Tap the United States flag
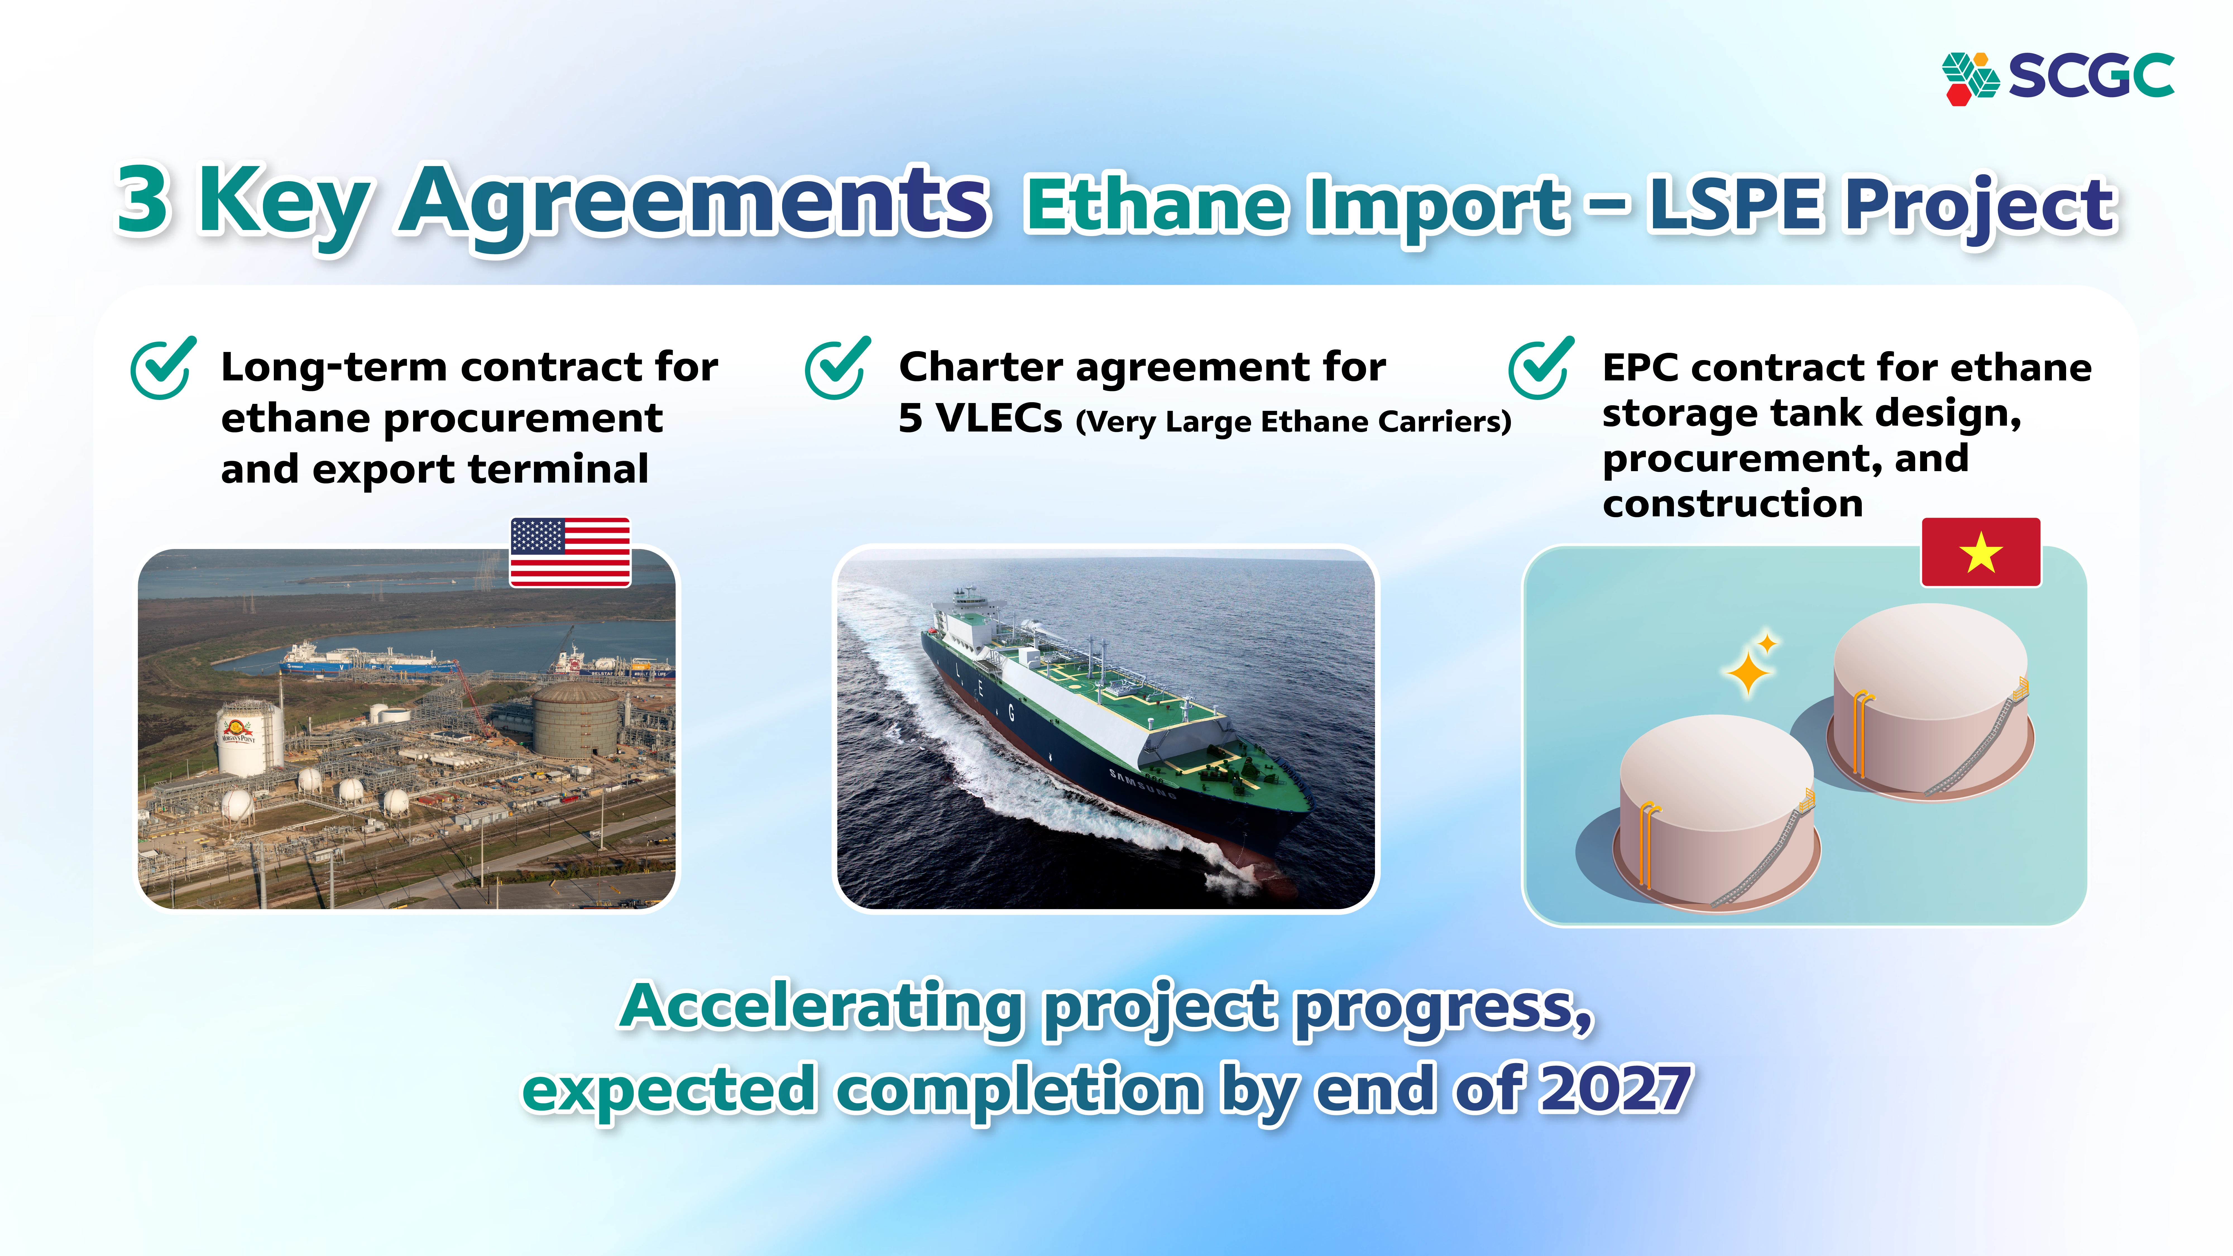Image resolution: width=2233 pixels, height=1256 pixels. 569,552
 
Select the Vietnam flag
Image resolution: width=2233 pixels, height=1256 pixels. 1981,552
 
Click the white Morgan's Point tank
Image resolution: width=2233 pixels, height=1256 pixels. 248,738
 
